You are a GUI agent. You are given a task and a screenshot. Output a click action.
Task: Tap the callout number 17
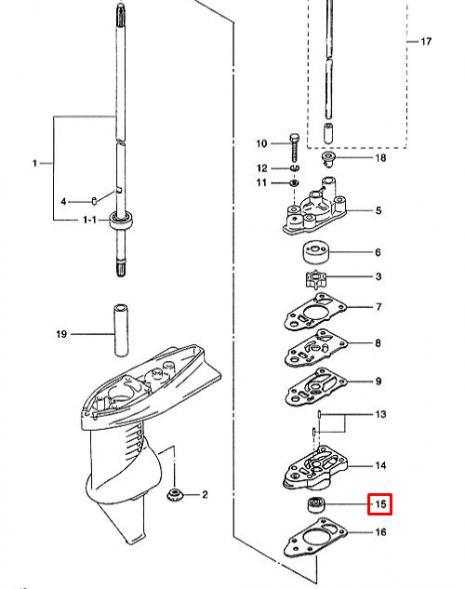point(426,42)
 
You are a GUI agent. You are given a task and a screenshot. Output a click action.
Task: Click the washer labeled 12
point(293,168)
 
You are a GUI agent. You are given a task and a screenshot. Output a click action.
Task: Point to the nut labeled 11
point(293,184)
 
